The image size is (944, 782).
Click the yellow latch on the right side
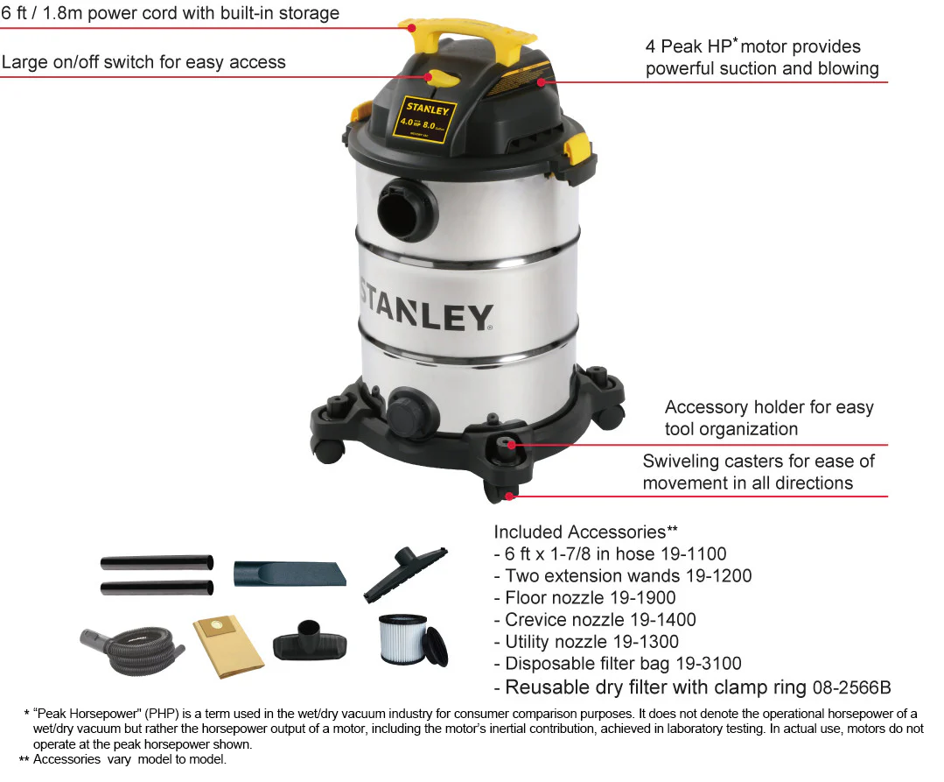577,151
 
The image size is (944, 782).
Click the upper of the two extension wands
157,562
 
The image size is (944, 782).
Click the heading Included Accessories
579,532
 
